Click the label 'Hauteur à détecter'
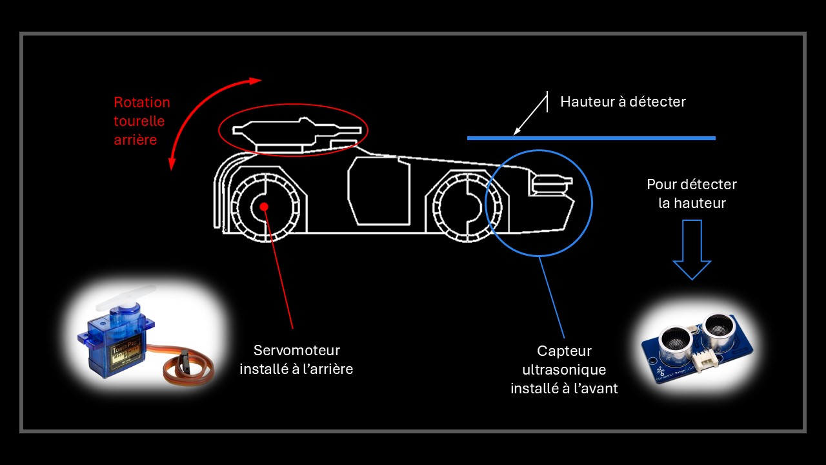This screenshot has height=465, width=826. pyautogui.click(x=623, y=102)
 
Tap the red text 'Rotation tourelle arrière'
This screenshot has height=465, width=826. pyautogui.click(x=142, y=121)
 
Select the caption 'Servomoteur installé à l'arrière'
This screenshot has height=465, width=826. pyautogui.click(x=296, y=360)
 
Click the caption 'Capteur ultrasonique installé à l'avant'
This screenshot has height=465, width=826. pyautogui.click(x=564, y=369)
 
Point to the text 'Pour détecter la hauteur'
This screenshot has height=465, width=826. pyautogui.click(x=692, y=194)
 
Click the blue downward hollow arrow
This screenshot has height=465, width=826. pyautogui.click(x=692, y=249)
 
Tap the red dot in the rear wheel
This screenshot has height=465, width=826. pyautogui.click(x=264, y=206)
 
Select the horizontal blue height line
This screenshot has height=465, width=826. pyautogui.click(x=591, y=138)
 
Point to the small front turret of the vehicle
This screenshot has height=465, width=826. pyautogui.click(x=549, y=185)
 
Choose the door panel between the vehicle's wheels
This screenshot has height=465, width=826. pyautogui.click(x=379, y=192)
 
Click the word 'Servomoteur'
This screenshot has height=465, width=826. pyautogui.click(x=296, y=350)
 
